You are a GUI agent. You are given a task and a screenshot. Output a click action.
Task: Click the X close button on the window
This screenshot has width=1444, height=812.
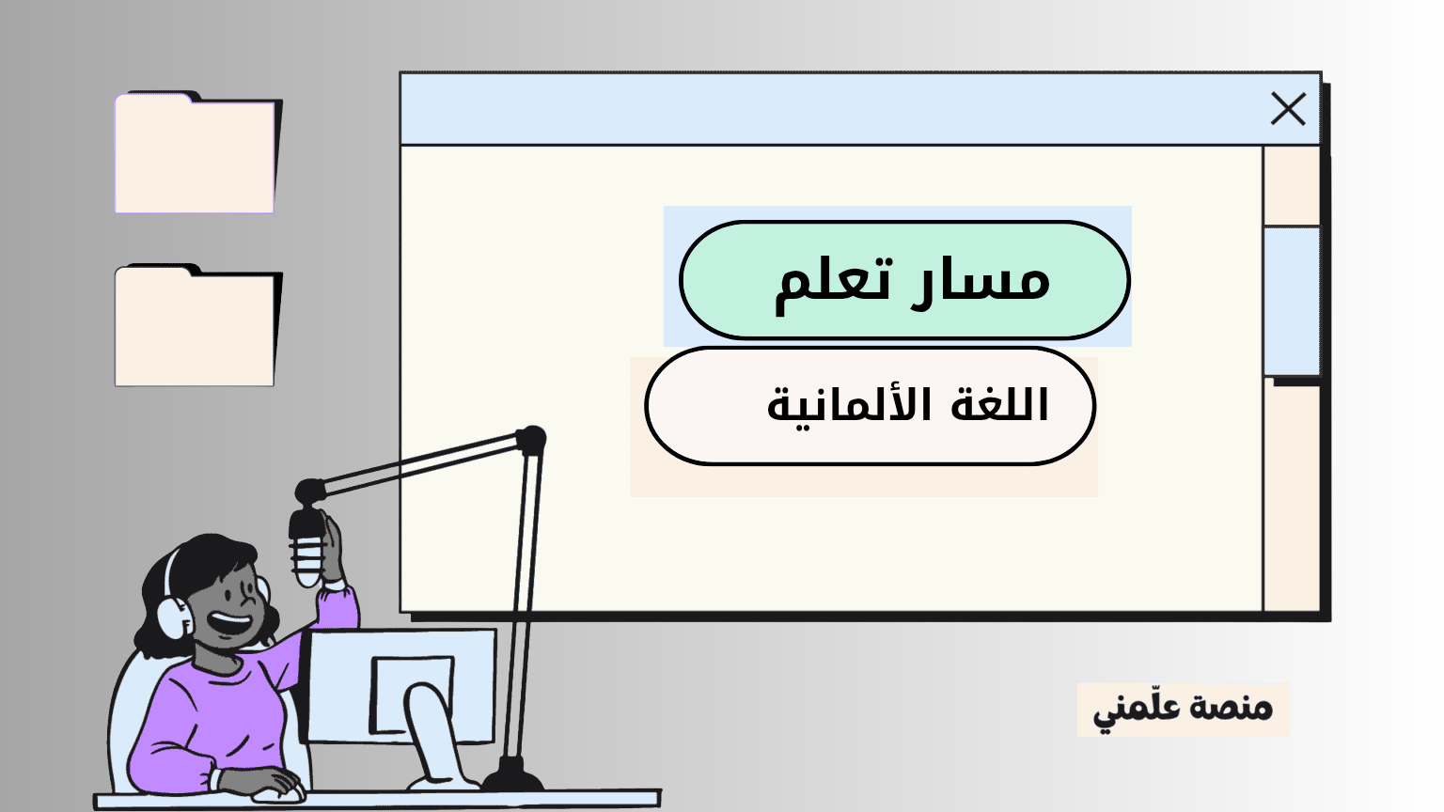coord(1288,108)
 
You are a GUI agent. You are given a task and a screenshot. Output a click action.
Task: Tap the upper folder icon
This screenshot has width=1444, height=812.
coord(198,153)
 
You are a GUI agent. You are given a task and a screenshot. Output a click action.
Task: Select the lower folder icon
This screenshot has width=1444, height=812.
coord(198,325)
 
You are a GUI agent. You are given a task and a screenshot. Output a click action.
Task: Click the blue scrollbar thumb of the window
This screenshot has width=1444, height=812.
coord(1291,301)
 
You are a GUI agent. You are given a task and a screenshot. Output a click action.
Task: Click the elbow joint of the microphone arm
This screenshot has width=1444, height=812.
coord(531,440)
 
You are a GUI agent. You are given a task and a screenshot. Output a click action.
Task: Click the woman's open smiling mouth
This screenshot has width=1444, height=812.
coord(228,623)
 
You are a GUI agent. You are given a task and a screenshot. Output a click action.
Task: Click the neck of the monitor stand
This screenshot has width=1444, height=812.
coord(432,735)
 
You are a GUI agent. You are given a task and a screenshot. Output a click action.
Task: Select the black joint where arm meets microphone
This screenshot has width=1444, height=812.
coord(310,492)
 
